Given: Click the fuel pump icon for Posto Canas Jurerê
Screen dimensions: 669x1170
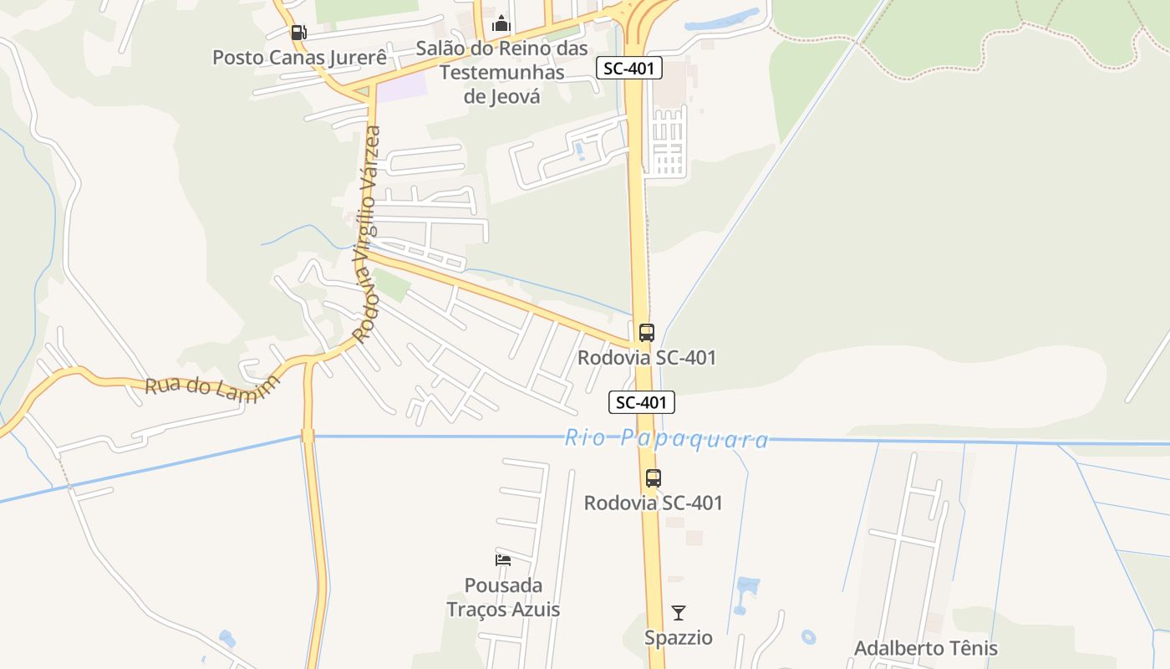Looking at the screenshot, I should point(298,33).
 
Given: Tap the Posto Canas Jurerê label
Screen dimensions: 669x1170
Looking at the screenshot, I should point(299,58).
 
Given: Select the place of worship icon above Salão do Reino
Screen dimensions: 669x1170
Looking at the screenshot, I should point(501,23).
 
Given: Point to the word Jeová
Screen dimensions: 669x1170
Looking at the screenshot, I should point(502,96).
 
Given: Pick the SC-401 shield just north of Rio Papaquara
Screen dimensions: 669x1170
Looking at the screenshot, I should point(641,402).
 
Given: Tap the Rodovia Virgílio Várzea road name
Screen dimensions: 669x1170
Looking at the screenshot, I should point(366,234).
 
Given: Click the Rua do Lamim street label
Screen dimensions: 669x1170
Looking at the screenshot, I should point(211,388).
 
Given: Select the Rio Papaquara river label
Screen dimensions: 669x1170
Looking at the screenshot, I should point(666,439).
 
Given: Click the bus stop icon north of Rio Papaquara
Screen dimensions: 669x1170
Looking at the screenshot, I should point(647,332).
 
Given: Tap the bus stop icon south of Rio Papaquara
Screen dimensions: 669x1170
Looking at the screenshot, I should point(654,478).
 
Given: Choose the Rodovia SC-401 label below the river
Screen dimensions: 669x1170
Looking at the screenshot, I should point(653,503).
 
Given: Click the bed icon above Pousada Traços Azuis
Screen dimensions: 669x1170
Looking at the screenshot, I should point(503,559).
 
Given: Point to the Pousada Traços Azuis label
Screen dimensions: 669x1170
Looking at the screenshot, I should point(503,597).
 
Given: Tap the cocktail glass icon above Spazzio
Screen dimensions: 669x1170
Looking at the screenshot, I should point(679,613).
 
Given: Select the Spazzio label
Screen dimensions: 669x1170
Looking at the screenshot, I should point(679,638).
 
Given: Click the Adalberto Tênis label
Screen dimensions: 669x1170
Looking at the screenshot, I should point(925,648).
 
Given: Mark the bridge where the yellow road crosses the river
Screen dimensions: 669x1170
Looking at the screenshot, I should point(308,436).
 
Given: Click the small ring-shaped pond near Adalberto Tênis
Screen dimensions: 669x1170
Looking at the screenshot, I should point(808,637).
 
